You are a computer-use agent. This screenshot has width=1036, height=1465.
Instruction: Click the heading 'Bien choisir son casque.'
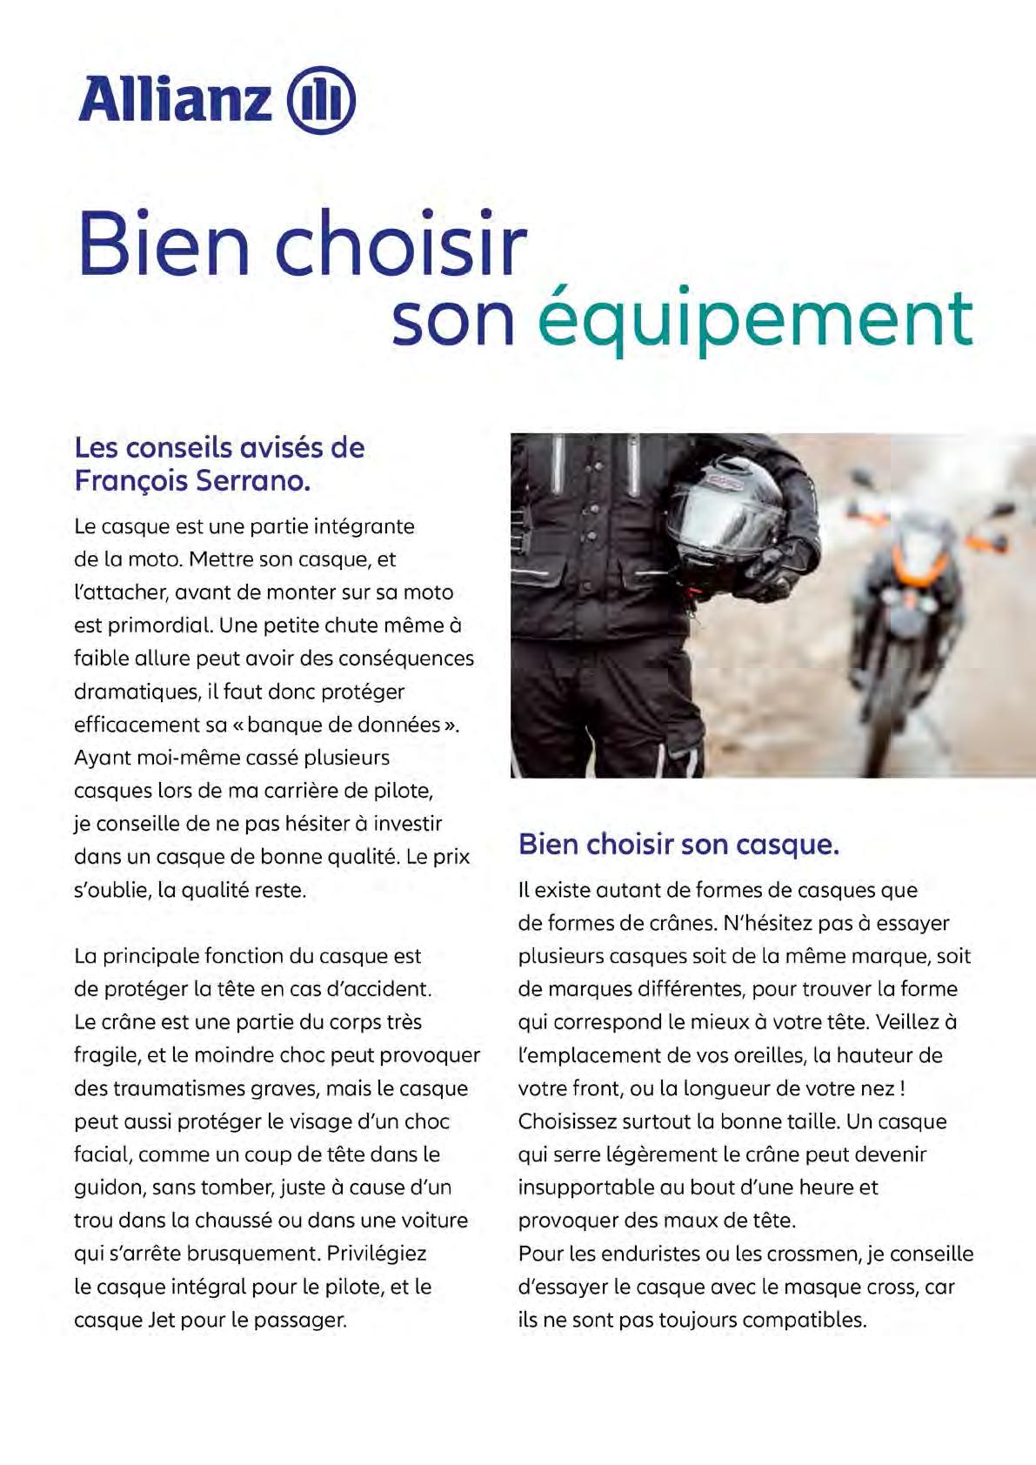point(678,844)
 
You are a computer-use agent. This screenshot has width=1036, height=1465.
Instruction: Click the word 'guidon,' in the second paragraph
point(110,1187)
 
